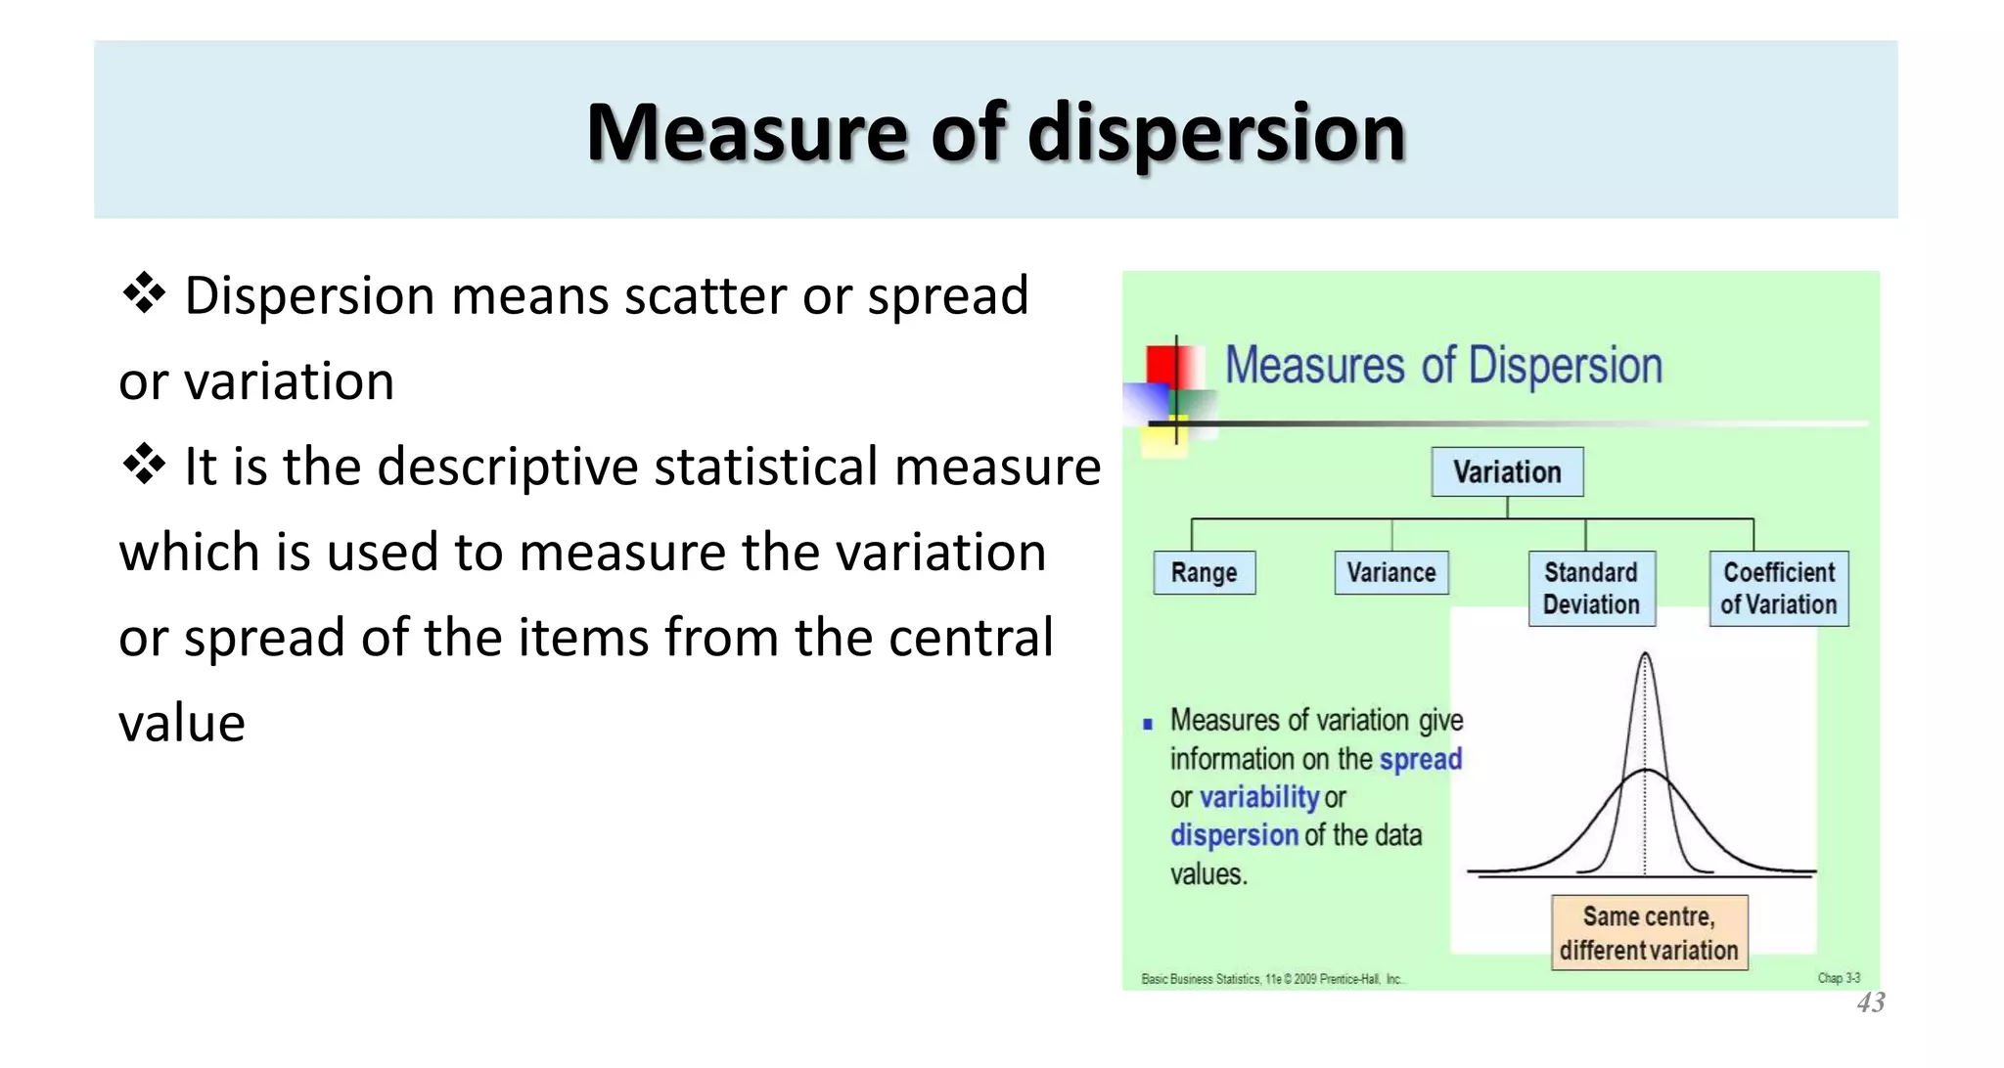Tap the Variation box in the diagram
[x=1507, y=472]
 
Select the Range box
[x=1204, y=573]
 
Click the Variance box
[x=1390, y=573]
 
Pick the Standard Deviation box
[x=1591, y=589]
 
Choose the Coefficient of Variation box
[x=1779, y=589]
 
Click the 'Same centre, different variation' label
[x=1649, y=933]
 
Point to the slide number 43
[x=1871, y=1002]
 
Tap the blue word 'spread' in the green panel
[x=1420, y=760]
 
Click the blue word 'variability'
[x=1259, y=798]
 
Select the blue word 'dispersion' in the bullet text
[x=1234, y=836]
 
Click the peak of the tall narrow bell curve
[x=1645, y=654]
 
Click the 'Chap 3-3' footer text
[x=1839, y=978]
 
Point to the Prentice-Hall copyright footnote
[x=1272, y=979]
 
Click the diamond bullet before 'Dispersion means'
[x=144, y=293]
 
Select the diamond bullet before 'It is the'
[x=144, y=465]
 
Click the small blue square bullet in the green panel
[x=1148, y=725]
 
